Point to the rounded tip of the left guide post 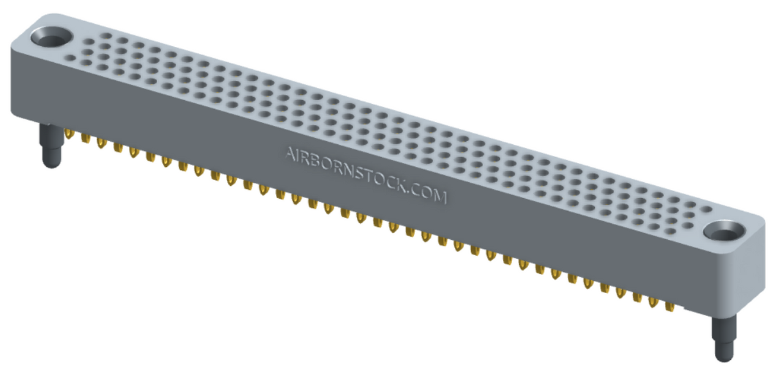point(50,164)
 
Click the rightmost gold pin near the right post point(669,308)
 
